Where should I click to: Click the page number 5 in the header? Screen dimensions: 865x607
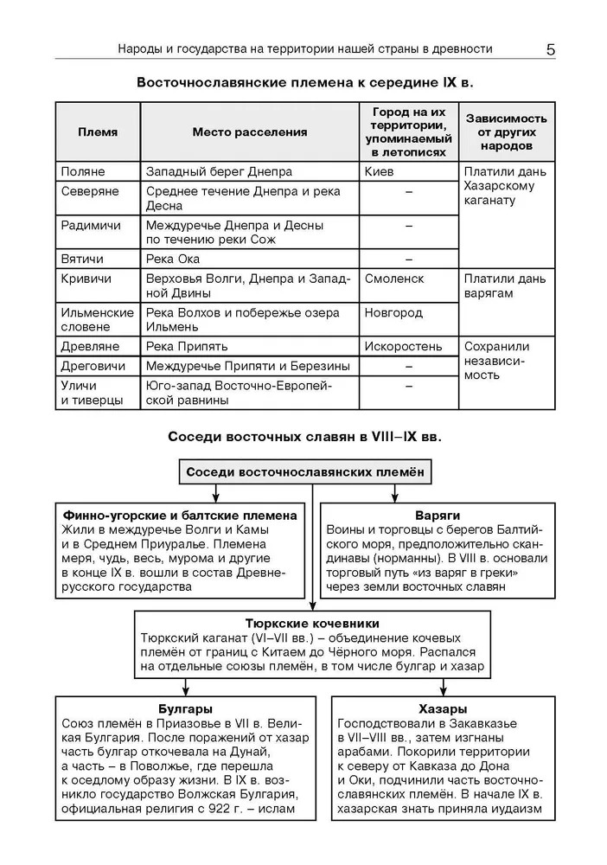551,49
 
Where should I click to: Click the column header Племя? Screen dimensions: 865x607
98,132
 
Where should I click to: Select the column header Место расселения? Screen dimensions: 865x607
250,132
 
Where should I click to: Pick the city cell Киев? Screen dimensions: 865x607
380,172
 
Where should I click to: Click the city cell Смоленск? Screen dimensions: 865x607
394,279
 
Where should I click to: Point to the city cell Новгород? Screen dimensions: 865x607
393,312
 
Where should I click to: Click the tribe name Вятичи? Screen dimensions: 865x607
82,259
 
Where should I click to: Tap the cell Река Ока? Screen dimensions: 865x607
173,259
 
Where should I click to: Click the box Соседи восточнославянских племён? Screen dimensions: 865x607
305,472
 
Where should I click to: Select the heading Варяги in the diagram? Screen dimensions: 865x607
437,515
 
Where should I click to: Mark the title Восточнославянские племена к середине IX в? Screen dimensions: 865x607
305,82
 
